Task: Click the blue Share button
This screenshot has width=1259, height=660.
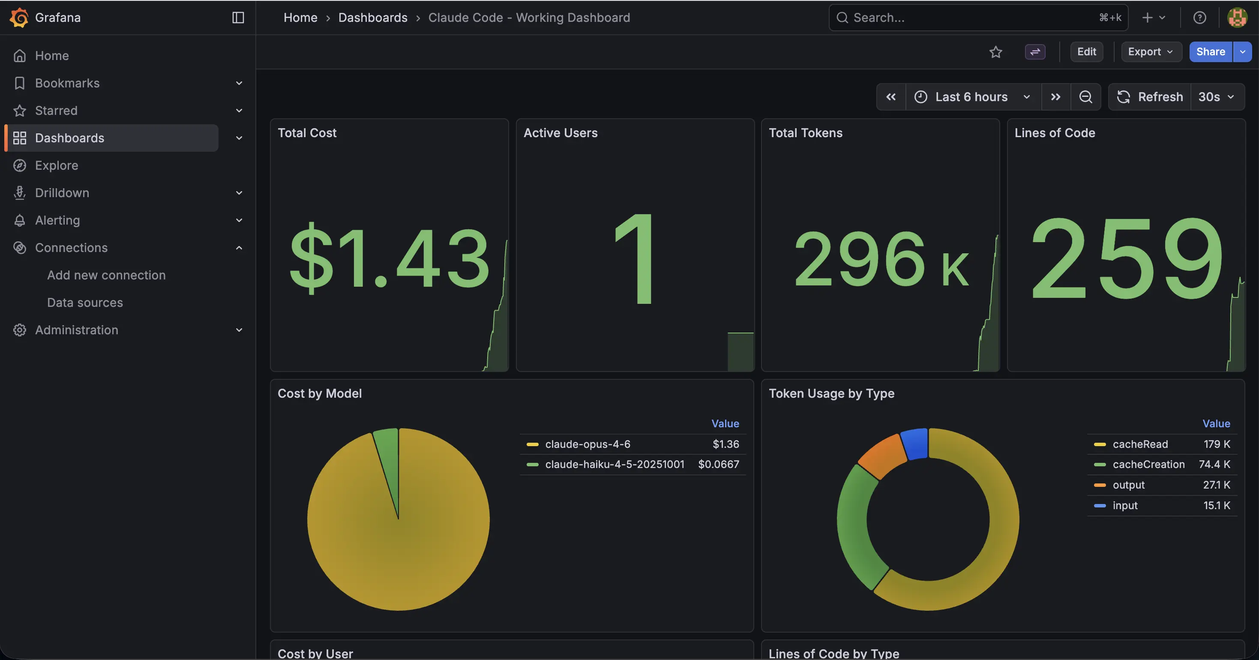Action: (1210, 52)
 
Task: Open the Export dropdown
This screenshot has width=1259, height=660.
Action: (1151, 52)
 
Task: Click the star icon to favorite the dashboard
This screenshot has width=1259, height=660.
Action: (995, 52)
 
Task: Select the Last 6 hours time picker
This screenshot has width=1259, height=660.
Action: (971, 97)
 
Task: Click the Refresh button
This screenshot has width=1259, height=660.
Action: (1150, 97)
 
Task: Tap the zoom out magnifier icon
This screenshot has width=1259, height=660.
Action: (1085, 97)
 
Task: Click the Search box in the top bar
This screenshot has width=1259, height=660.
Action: (973, 18)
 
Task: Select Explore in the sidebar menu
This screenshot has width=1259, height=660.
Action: (57, 165)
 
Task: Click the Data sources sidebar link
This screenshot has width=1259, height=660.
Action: (85, 303)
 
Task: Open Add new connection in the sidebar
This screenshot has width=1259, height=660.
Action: (106, 275)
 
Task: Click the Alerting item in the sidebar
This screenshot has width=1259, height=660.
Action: (57, 220)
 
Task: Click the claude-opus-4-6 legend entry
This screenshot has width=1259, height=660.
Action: (588, 444)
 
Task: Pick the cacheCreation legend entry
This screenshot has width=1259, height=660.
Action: (1148, 465)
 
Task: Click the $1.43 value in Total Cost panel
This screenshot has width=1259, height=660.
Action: (389, 259)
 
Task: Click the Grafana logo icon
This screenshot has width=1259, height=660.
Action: (18, 18)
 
